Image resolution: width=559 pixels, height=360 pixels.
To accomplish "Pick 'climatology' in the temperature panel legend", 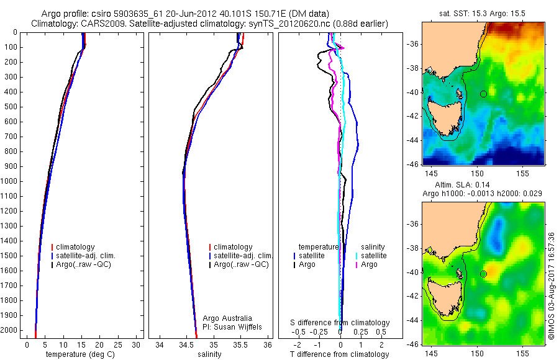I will coord(76,247).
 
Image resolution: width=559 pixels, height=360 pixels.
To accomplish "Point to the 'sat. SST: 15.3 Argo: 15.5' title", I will coord(483,14).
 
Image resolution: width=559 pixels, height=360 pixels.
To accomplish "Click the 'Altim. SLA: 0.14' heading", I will coord(483,185).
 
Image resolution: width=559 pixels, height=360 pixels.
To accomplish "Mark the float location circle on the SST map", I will coord(483,94).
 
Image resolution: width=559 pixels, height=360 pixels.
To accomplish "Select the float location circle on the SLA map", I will coord(483,274).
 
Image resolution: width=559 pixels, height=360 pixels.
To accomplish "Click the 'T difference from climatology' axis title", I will coord(339,354).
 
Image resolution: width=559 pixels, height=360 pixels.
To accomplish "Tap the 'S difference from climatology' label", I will coord(340,323).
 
